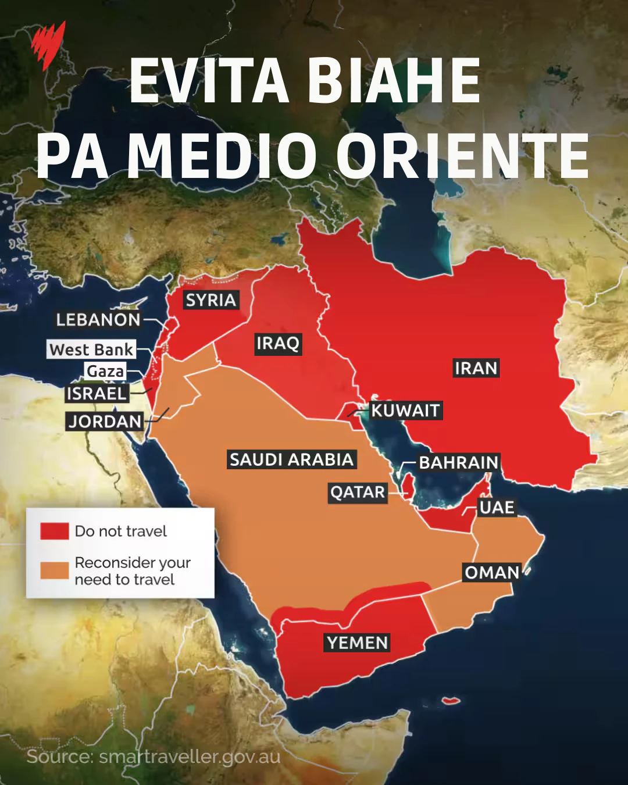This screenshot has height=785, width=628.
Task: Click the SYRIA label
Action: (x=210, y=300)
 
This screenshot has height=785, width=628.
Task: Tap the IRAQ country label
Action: (x=277, y=343)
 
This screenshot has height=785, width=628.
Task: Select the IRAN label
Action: (x=476, y=368)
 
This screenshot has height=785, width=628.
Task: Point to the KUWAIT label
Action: (x=405, y=411)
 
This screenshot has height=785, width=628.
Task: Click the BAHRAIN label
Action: (x=459, y=462)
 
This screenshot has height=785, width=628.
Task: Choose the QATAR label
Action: (x=358, y=493)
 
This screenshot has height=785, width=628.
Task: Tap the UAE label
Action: (x=497, y=508)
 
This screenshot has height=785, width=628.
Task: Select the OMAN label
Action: (x=491, y=573)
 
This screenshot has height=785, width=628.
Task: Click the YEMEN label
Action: (x=357, y=643)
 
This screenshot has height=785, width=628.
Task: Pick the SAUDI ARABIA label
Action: (x=291, y=459)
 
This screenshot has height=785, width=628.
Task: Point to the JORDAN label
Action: (x=105, y=421)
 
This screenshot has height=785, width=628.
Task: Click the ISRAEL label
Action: (x=97, y=394)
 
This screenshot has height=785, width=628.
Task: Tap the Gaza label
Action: (x=105, y=371)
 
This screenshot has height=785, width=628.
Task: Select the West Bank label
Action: (x=91, y=349)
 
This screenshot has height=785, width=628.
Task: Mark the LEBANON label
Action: (x=98, y=319)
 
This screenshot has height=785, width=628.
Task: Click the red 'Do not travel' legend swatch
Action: (x=55, y=531)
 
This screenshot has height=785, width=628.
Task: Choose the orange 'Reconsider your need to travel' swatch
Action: (x=55, y=570)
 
